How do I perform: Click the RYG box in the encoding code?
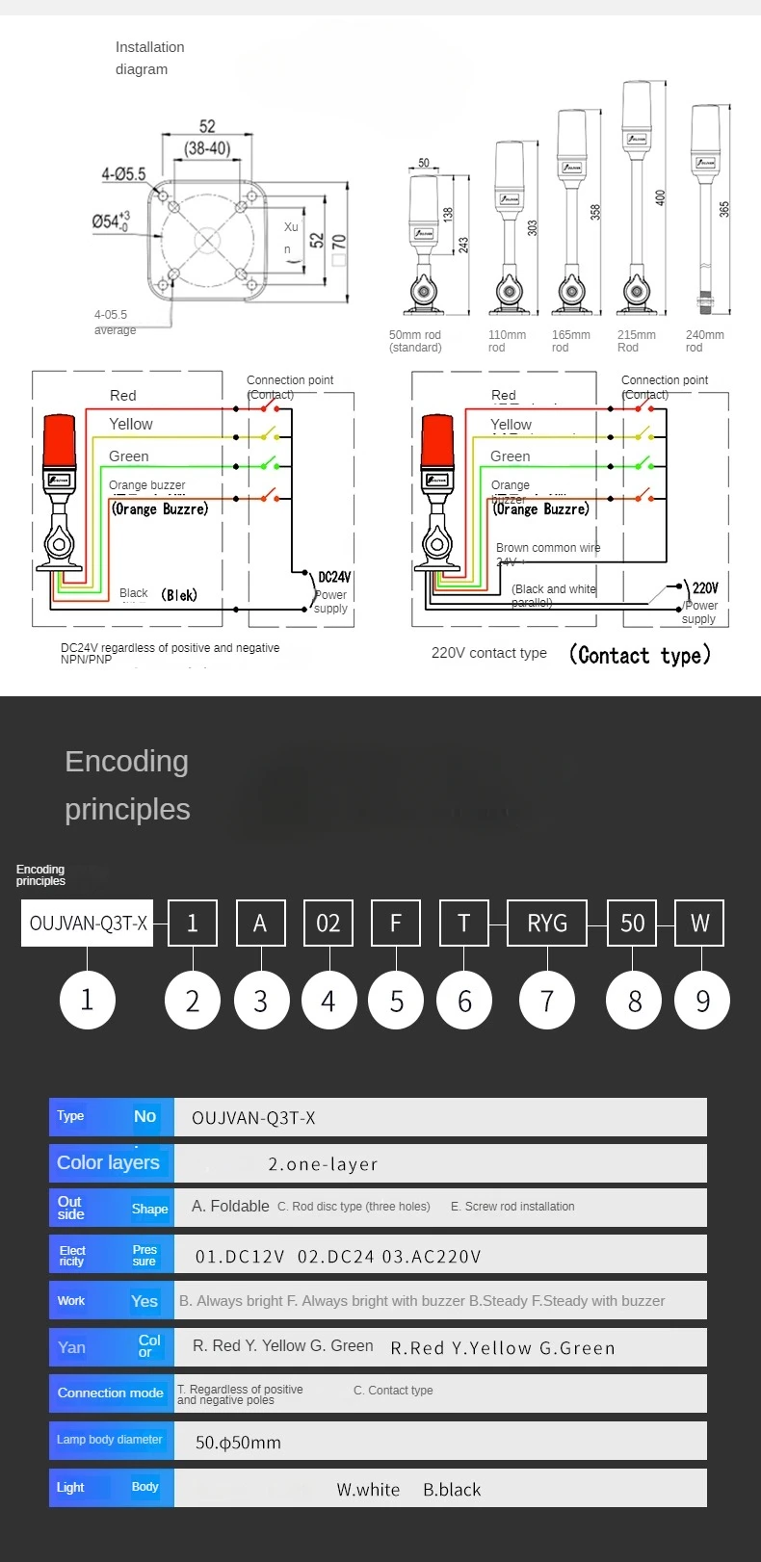pos(547,924)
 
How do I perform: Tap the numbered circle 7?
pos(547,1001)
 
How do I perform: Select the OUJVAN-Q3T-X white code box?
pos(88,924)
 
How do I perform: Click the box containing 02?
pos(328,924)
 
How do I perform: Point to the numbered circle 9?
pos(702,1001)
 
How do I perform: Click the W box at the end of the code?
pos(699,924)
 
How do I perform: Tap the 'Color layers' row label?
pos(109,1162)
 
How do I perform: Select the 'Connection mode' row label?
pos(111,1393)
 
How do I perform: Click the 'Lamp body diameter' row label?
pos(110,1440)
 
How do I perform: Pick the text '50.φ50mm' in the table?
pos(238,1443)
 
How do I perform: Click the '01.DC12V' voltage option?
pos(240,1257)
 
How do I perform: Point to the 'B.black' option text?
pos(452,1490)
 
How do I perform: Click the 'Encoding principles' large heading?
pos(127,785)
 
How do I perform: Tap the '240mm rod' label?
pos(704,341)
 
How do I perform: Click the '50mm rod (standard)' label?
pos(415,341)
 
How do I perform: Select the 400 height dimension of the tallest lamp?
pos(660,197)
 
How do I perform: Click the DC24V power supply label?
pos(334,578)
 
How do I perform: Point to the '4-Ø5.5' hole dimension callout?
pos(123,174)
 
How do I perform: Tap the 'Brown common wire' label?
pos(547,548)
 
